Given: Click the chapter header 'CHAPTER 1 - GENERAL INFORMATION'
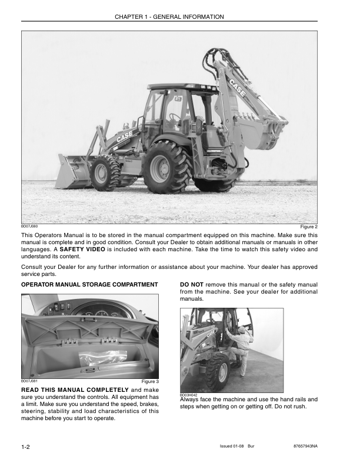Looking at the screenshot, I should pos(169,17).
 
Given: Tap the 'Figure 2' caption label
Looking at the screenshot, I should pos(308,227).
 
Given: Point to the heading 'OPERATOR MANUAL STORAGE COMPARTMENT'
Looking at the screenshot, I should pos(89,285).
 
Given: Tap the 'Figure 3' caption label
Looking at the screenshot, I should pos(150,381).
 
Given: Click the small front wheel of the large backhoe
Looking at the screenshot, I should pos(105,173).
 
